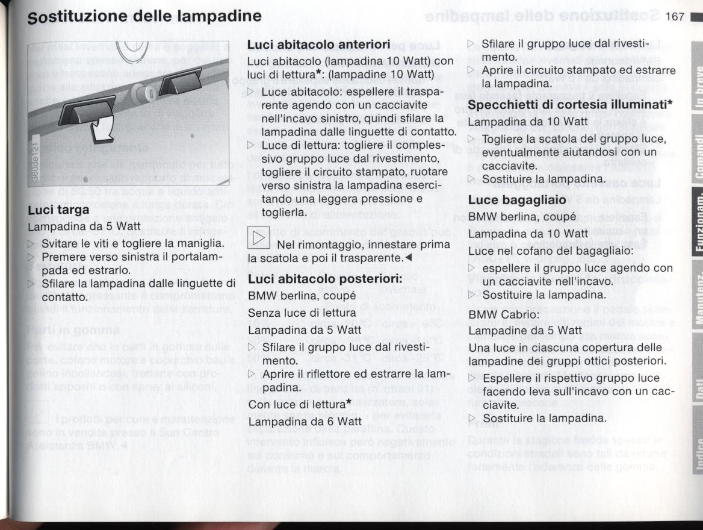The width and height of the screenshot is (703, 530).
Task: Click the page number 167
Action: (675, 16)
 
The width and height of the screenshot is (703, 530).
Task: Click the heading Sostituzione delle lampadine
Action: (145, 16)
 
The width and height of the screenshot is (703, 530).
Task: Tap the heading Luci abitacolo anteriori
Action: (318, 45)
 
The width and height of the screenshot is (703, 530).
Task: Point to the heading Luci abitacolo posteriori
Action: (325, 279)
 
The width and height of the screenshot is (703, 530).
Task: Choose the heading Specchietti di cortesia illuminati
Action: (570, 105)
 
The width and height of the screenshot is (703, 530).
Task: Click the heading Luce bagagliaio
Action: (517, 200)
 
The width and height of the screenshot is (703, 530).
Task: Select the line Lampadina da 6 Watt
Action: (297, 422)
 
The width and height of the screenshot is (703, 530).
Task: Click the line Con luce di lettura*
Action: (291, 405)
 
